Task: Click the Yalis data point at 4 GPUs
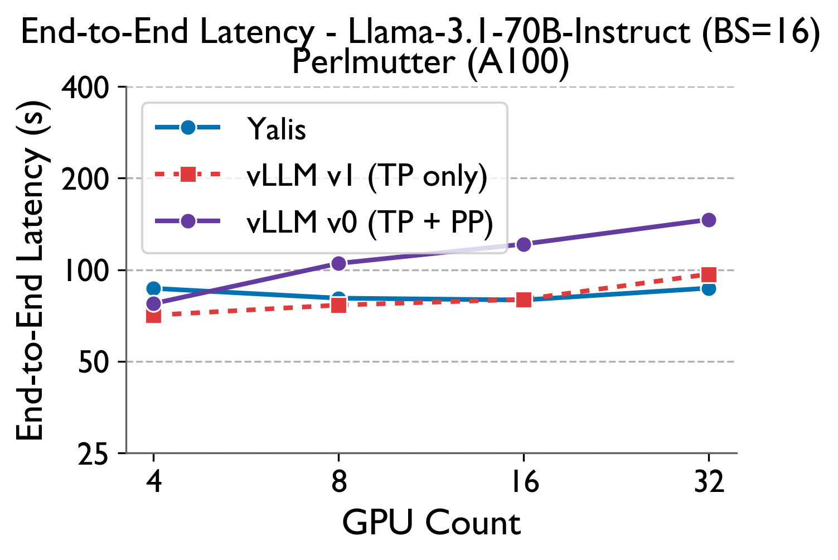(153, 288)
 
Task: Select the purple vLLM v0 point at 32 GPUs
(708, 220)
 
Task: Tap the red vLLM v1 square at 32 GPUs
(708, 274)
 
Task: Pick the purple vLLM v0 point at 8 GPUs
(338, 263)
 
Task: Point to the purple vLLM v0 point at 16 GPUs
(524, 244)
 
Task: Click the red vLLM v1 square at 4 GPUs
(153, 316)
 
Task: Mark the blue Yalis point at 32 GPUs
(708, 288)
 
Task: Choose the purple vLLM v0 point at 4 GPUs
(153, 303)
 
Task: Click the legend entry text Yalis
(277, 129)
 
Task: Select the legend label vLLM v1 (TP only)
(367, 176)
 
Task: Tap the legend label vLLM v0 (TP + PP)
(370, 222)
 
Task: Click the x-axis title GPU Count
(431, 523)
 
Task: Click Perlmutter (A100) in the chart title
(430, 61)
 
